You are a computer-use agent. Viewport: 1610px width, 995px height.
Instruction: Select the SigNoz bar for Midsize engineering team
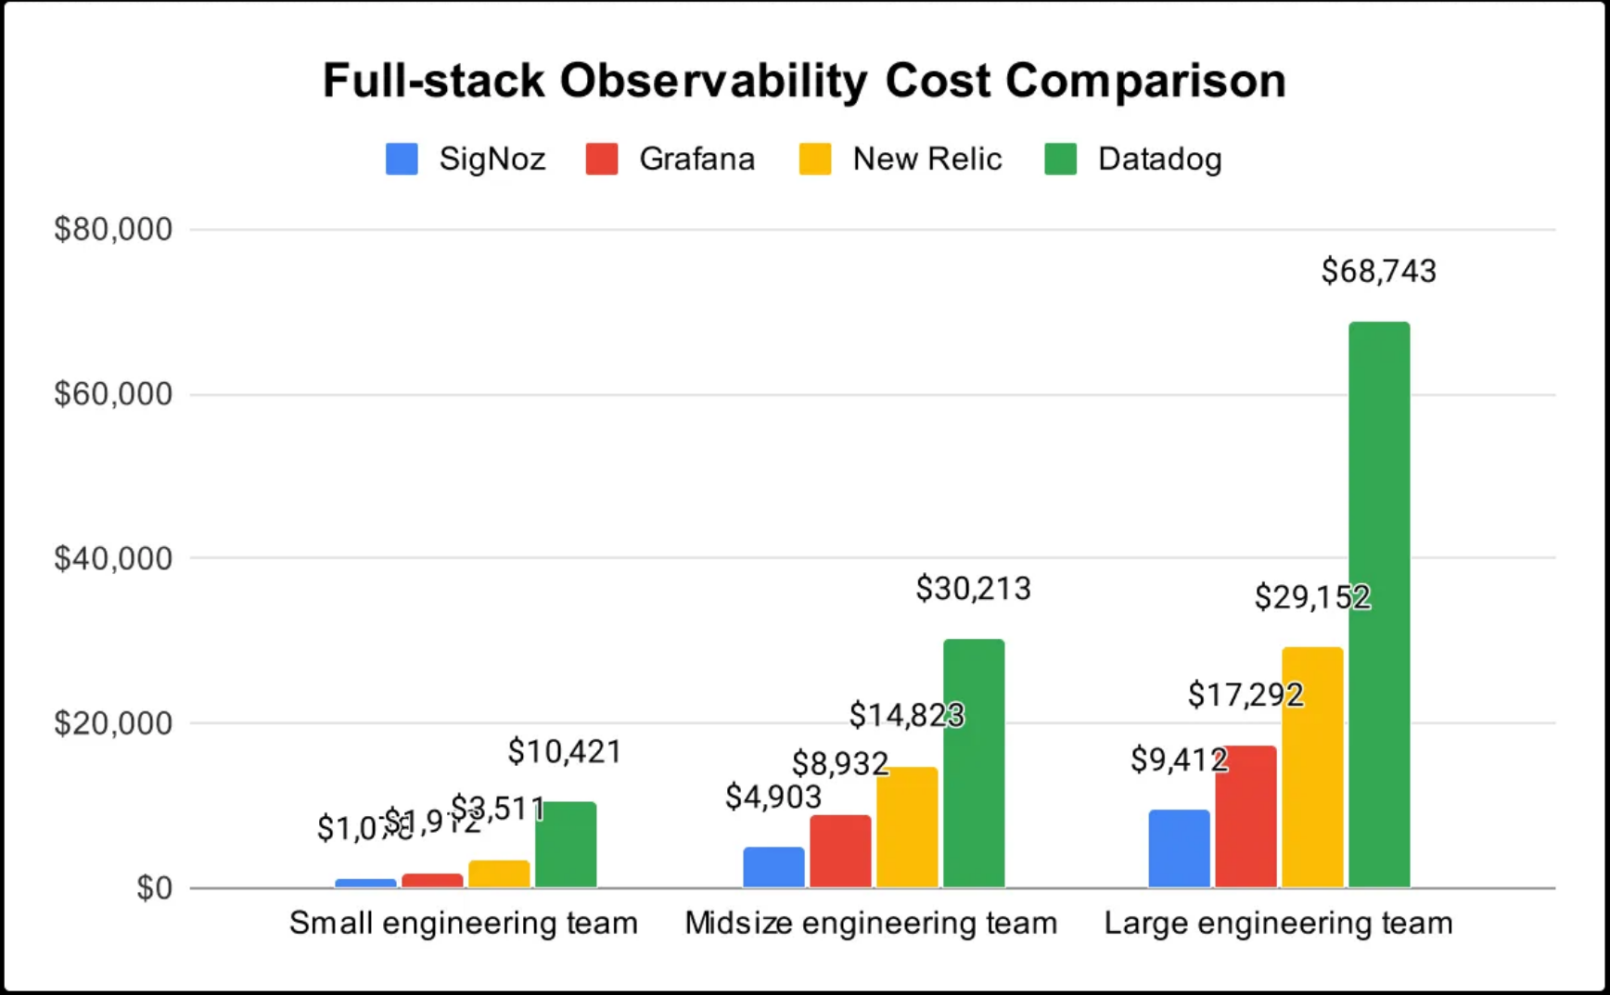773,867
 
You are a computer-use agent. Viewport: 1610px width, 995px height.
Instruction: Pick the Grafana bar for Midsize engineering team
840,851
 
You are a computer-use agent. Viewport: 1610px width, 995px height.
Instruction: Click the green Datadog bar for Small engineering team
566,845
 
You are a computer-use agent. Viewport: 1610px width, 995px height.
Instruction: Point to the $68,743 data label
1378,272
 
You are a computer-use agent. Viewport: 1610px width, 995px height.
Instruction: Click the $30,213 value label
973,589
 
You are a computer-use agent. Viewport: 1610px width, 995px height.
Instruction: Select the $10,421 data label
564,751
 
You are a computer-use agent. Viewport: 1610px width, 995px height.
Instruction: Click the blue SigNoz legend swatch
402,159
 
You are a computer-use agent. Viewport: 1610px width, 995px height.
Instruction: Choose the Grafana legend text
696,159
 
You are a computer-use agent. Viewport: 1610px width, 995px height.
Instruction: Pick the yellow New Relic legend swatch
815,159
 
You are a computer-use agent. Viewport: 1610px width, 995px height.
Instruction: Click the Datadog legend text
1159,159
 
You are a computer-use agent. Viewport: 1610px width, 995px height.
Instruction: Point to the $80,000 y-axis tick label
113,229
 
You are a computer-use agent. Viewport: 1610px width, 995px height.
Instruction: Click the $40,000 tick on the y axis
113,558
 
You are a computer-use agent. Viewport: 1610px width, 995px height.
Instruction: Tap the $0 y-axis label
154,888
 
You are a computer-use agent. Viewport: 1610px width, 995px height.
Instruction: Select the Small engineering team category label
463,924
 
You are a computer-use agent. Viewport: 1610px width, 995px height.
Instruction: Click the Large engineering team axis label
1278,924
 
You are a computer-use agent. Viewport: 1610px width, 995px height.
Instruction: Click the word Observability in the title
712,81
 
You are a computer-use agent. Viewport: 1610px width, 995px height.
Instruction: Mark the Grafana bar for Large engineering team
1246,816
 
